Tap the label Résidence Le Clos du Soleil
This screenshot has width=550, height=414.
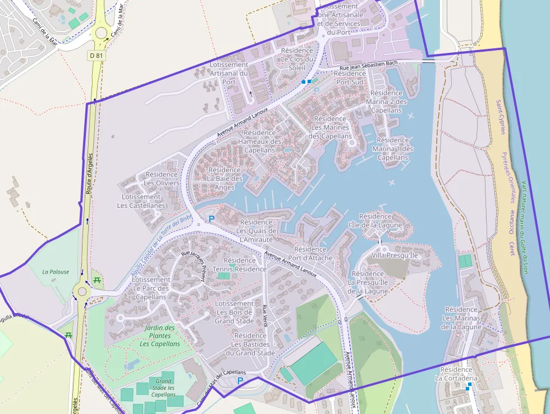297,59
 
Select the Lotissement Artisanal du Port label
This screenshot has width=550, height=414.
228,73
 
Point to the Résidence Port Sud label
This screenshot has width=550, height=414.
350,78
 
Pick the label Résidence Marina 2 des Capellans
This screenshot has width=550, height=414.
386,102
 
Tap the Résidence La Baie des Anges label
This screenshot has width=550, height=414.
224,179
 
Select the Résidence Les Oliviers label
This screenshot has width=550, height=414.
162,179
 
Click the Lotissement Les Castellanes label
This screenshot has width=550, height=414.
141,201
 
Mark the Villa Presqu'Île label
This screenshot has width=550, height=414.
395,256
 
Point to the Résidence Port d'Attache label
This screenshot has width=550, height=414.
310,253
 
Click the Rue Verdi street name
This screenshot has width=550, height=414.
265,315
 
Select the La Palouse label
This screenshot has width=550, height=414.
56,272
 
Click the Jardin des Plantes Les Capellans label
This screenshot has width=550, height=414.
160,336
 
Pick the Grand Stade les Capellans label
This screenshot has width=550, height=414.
163,388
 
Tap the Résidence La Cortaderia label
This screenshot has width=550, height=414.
456,374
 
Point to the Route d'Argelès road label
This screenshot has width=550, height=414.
89,174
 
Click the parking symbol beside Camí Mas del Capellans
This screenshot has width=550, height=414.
240,381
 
